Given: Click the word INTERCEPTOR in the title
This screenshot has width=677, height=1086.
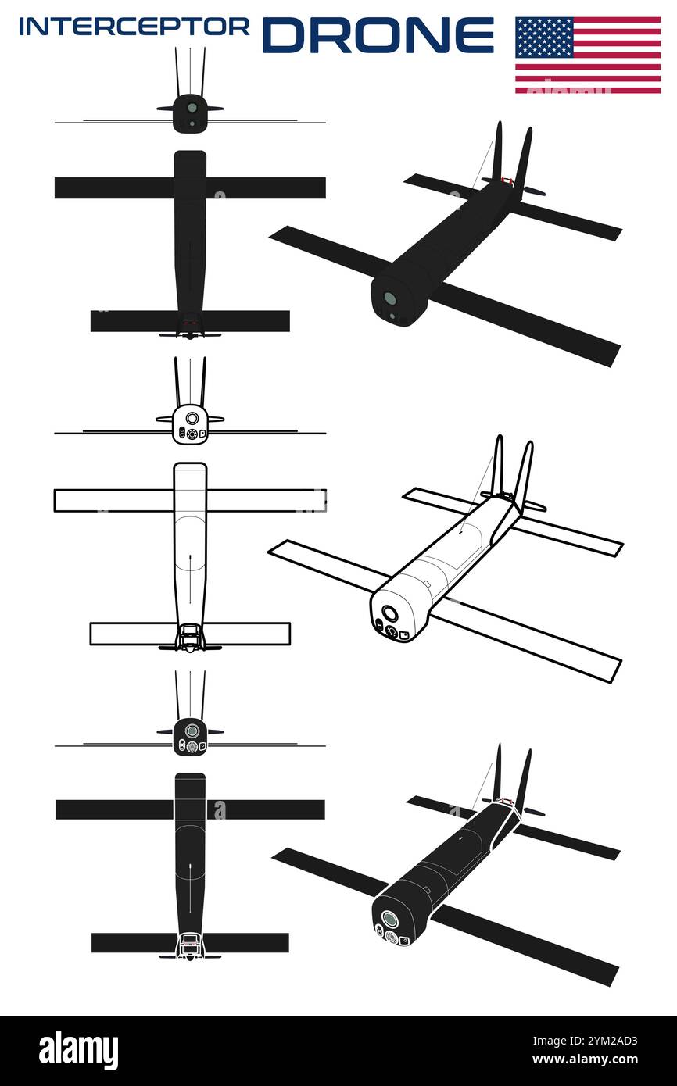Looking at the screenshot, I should (x=134, y=27).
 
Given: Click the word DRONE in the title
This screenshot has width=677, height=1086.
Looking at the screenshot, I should (x=378, y=34).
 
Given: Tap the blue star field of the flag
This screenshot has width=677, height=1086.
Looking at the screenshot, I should (x=544, y=36).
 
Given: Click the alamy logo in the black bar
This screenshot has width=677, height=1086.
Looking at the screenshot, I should (x=79, y=1051).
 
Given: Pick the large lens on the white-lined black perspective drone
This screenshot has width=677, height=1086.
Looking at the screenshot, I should (x=389, y=919).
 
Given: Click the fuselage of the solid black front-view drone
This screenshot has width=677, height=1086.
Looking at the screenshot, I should (x=190, y=113).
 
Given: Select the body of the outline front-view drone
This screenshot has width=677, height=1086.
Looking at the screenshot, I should (x=190, y=424).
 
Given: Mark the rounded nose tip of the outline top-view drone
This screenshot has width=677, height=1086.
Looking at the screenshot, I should (x=190, y=466).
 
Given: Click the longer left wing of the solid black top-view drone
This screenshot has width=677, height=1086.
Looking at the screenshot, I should (x=113, y=188).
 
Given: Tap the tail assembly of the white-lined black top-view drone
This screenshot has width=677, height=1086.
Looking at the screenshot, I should (x=190, y=945).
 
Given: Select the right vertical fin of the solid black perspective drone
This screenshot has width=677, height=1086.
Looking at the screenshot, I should (x=523, y=160).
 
